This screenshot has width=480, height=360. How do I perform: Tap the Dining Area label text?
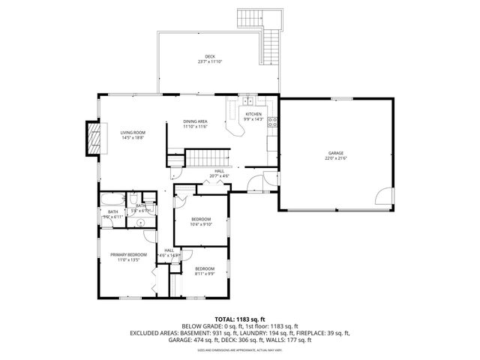click(x=195, y=121)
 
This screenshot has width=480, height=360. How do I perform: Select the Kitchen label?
click(x=253, y=114)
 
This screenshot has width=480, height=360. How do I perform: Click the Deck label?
click(x=210, y=57)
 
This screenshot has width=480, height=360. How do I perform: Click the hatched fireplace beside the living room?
click(x=94, y=138)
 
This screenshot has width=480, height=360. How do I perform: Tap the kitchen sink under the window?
click(x=249, y=101)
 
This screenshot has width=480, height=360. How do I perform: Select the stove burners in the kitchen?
click(x=272, y=121)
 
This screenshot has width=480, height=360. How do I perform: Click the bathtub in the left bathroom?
click(x=113, y=200)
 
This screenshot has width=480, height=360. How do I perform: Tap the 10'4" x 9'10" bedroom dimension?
click(x=200, y=223)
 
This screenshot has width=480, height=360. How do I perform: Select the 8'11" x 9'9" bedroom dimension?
click(x=205, y=274)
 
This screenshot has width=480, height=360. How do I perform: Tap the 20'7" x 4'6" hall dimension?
click(x=219, y=175)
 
